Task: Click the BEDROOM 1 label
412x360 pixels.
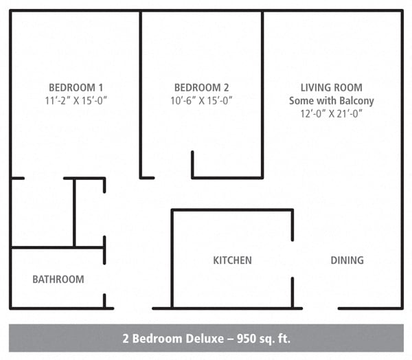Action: tap(76, 87)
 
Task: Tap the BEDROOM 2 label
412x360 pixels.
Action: tap(201, 87)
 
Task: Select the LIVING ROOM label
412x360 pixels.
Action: tap(331, 87)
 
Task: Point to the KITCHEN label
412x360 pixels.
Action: tap(232, 260)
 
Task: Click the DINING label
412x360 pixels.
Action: tap(347, 260)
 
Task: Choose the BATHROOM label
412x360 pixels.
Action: tap(58, 279)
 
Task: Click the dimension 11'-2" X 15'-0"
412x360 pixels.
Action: tap(76, 100)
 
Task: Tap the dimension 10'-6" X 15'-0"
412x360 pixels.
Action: tap(201, 100)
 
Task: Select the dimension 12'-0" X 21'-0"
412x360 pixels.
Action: tap(331, 113)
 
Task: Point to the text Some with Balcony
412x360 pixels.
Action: tap(331, 100)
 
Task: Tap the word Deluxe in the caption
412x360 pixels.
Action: tap(199, 338)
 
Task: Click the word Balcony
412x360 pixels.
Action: tap(356, 100)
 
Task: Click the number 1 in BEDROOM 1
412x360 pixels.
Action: tap(100, 87)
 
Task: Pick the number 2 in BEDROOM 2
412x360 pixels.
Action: tap(226, 87)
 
